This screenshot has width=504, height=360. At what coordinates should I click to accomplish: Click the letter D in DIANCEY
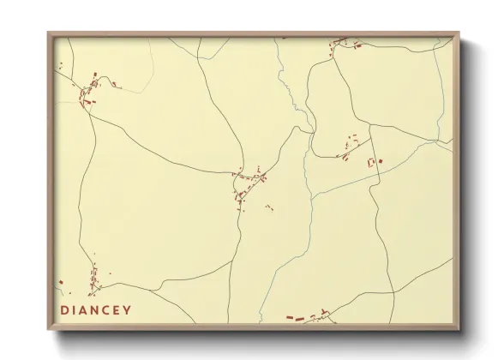click(x=65, y=309)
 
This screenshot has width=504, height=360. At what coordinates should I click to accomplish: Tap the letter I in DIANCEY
click(x=76, y=309)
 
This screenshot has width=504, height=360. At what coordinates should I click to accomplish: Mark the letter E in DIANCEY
click(x=119, y=309)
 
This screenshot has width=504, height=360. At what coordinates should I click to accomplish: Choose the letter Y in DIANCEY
click(x=129, y=309)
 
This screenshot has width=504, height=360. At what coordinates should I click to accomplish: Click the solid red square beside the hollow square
click(x=380, y=160)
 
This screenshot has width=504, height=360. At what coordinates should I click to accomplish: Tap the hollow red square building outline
click(x=372, y=162)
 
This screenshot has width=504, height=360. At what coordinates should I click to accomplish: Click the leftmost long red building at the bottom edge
click(x=294, y=318)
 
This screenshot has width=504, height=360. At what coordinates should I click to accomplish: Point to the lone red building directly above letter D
click(x=61, y=282)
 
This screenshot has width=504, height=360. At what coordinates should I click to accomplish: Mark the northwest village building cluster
click(x=89, y=93)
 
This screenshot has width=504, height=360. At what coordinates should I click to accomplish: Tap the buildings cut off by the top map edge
click(x=339, y=41)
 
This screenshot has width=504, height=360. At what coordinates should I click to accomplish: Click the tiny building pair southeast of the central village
click(x=269, y=207)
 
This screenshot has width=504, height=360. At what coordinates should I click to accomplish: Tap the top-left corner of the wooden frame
click(x=49, y=33)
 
